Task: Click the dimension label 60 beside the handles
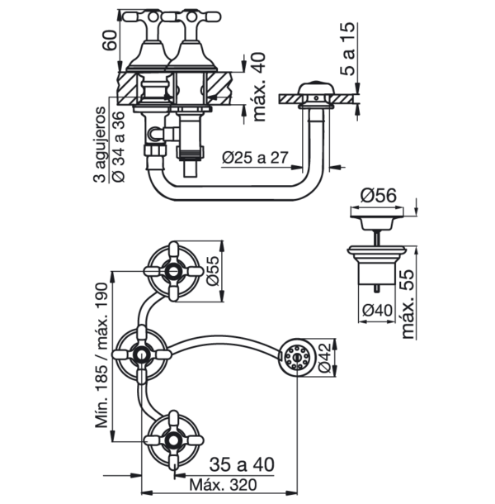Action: point(110,40)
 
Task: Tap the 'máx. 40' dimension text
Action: point(259,87)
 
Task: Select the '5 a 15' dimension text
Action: point(348,49)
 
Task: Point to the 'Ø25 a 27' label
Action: point(255,158)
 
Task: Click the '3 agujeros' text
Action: point(99,145)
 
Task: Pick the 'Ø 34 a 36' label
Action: point(118,146)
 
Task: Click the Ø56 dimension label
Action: point(378,196)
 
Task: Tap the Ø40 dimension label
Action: point(377,311)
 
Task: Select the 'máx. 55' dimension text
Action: point(408,304)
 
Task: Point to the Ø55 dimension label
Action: point(213,271)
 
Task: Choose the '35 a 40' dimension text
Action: point(242,464)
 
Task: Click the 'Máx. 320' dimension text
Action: point(223,485)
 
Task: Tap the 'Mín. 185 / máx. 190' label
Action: point(102,355)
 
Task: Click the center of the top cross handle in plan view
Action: point(174,272)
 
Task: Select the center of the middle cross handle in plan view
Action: point(141,354)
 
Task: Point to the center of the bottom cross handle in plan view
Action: point(174,440)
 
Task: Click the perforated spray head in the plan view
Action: point(297,357)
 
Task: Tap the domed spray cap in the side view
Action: point(316,88)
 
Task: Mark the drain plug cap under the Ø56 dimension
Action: point(377,222)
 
